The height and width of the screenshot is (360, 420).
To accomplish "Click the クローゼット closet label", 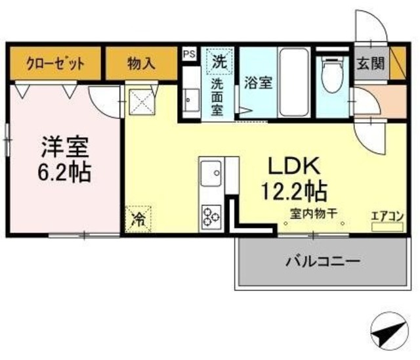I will click(55, 64).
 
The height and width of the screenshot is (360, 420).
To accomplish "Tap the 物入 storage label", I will click(141, 64).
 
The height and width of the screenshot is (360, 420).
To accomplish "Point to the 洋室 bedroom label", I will click(64, 145).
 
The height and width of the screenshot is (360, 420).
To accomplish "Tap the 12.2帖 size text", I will click(293, 191).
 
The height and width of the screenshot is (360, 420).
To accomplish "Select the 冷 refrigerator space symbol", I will click(138, 218).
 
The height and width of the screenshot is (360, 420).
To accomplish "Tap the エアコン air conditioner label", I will click(387, 215).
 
